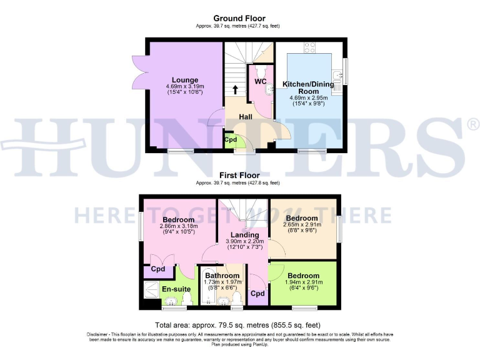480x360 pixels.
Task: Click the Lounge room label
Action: tap(186, 80)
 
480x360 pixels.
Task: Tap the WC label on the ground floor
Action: tap(260, 82)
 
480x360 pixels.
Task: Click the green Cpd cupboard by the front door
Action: tap(231, 139)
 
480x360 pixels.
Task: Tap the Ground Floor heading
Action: tap(239, 19)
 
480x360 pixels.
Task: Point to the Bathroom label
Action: tap(222, 276)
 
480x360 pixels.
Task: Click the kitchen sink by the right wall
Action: tap(338, 78)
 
